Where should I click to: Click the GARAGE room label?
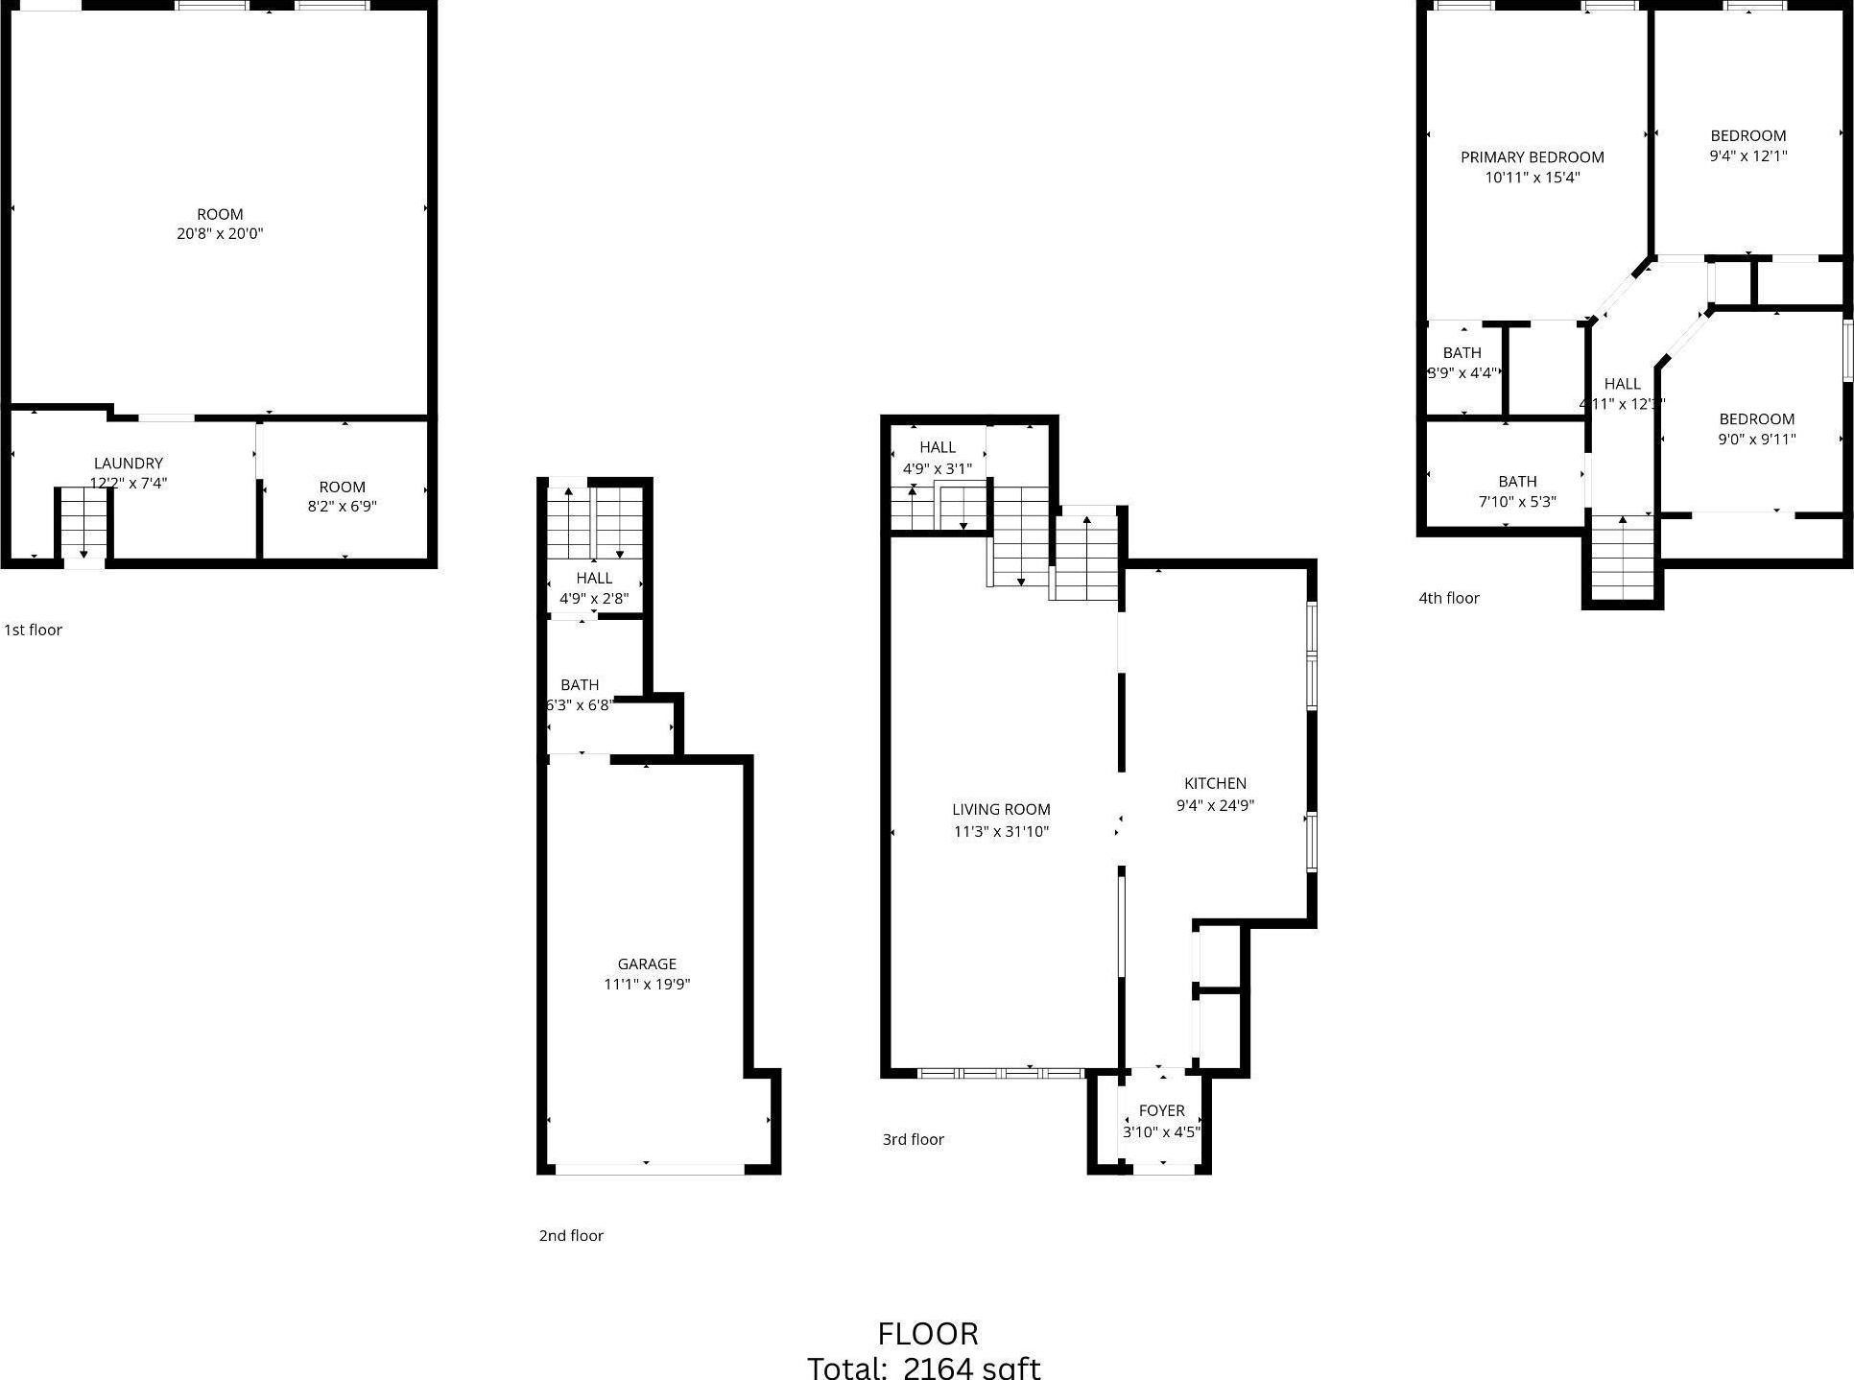[647, 964]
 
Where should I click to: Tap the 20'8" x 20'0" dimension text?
[220, 233]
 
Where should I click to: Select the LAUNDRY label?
[129, 464]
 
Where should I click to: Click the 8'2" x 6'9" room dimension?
[342, 506]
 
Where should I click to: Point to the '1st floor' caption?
[34, 630]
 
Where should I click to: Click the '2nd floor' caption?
[571, 1235]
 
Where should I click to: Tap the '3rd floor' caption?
[914, 1139]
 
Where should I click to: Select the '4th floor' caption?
[1449, 598]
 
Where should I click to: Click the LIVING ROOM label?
[1001, 809]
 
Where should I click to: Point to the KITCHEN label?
[1215, 783]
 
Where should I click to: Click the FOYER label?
[1161, 1110]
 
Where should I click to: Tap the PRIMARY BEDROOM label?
[1533, 157]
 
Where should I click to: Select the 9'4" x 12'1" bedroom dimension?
[1748, 155]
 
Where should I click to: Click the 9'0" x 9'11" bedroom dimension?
[1756, 440]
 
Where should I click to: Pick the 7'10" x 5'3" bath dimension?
[1517, 501]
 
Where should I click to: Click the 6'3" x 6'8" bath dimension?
[579, 704]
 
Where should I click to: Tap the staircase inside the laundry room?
[83, 523]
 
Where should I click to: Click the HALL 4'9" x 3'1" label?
[938, 447]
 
